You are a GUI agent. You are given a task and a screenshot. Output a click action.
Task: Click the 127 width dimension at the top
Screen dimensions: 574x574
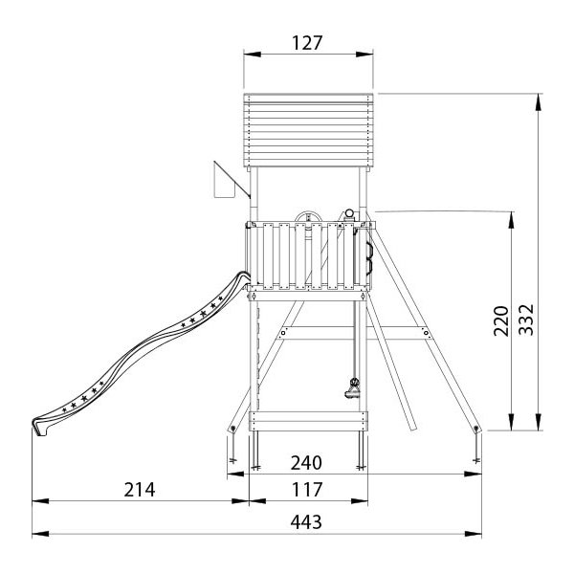pyautogui.click(x=307, y=43)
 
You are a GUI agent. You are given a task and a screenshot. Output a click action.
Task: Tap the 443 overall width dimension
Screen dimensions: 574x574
pyautogui.click(x=306, y=522)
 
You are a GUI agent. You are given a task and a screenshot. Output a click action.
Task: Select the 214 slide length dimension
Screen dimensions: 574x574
pyautogui.click(x=140, y=490)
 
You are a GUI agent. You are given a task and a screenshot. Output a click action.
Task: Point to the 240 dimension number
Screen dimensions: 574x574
pyautogui.click(x=306, y=463)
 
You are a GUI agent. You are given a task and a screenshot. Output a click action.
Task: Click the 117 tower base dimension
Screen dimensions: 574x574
pyautogui.click(x=307, y=490)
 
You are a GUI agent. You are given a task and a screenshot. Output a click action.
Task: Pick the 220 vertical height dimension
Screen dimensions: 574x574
pyautogui.click(x=501, y=320)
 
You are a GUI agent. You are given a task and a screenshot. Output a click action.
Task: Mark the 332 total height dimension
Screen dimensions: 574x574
pyautogui.click(x=527, y=320)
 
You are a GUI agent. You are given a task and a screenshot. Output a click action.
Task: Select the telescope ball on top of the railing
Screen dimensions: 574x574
pyautogui.click(x=349, y=213)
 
